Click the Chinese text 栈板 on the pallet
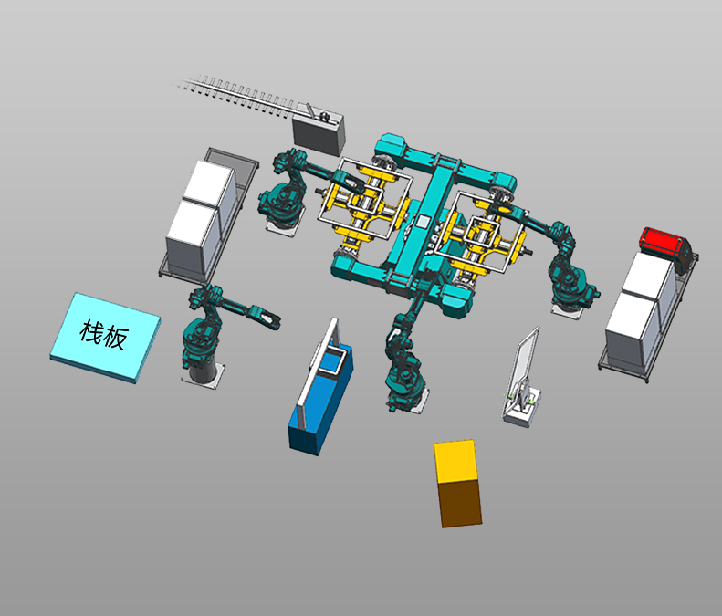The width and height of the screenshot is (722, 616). pos(104,335)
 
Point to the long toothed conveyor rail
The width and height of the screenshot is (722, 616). pos(239,96)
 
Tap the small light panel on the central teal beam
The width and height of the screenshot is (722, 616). pos(423,222)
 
